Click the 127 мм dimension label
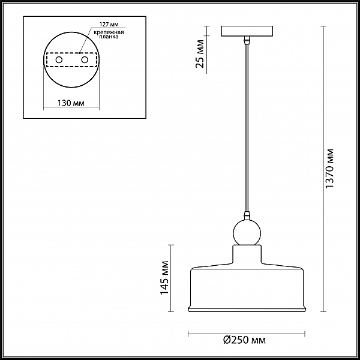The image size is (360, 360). pyautogui.click(x=109, y=25)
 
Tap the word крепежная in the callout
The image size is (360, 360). pyautogui.click(x=109, y=32)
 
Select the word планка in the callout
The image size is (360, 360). pyautogui.click(x=109, y=37)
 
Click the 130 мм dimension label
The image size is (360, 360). pyautogui.click(x=71, y=103)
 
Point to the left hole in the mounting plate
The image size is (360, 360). pyautogui.click(x=59, y=60)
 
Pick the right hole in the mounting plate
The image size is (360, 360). pyautogui.click(x=85, y=60)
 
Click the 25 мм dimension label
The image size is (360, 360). pyautogui.click(x=200, y=54)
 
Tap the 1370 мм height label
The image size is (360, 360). pyautogui.click(x=329, y=169)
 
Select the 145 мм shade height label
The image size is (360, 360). pyautogui.click(x=164, y=278)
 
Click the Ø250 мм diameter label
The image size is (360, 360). pyautogui.click(x=245, y=340)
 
